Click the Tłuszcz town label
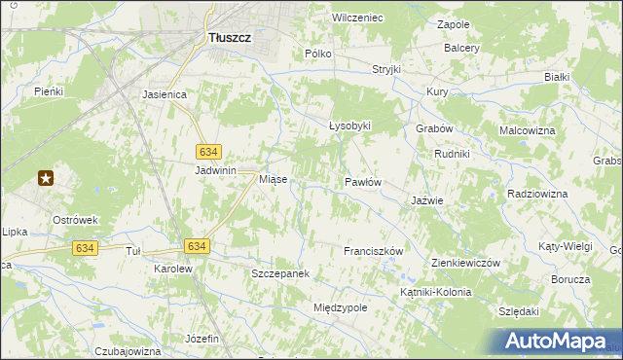pyautogui.click(x=230, y=37)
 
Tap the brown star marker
pyautogui.click(x=46, y=178)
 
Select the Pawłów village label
pyautogui.click(x=362, y=182)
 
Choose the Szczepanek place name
pyautogui.click(x=280, y=273)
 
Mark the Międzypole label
pyautogui.click(x=340, y=307)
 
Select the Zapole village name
pyautogui.click(x=454, y=23)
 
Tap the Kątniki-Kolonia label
pyautogui.click(x=435, y=292)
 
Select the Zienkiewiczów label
pyautogui.click(x=464, y=263)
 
